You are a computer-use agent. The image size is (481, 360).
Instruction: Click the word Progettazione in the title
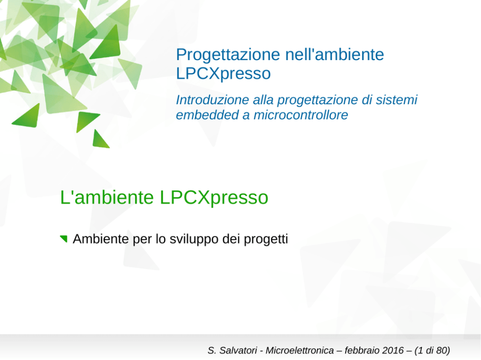(x=228, y=55)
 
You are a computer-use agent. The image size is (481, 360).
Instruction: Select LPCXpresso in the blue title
(x=224, y=74)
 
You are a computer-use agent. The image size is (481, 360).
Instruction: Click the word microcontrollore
(x=301, y=115)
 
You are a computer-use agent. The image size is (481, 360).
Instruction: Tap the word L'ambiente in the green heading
(x=107, y=197)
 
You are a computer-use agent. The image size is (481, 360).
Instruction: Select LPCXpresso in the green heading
(x=214, y=198)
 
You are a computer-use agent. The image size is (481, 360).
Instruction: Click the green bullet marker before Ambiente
(x=64, y=238)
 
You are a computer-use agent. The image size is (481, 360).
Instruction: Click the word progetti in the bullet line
(x=266, y=239)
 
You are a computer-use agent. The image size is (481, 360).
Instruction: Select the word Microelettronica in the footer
(x=300, y=350)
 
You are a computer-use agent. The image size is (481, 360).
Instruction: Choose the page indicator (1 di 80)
(x=432, y=350)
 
